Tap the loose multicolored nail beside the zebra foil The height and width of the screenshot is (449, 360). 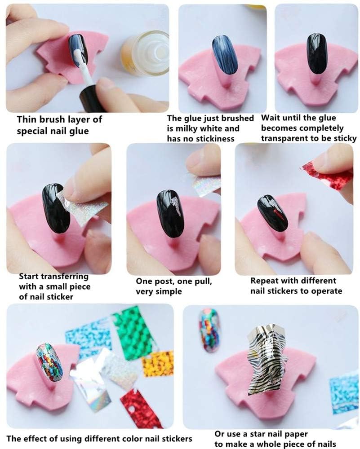(x=210, y=330)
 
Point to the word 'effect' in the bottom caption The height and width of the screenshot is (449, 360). (x=36, y=439)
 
